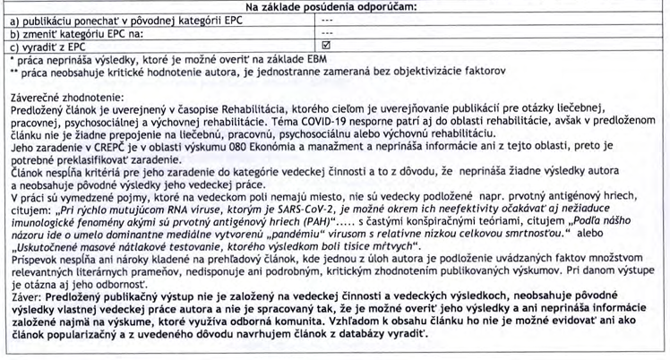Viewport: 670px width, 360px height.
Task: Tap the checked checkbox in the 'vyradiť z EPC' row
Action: tap(326, 44)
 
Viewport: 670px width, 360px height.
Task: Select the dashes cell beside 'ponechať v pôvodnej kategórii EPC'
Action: tap(326, 19)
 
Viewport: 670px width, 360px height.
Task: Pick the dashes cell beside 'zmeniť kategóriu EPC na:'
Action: tap(326, 31)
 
